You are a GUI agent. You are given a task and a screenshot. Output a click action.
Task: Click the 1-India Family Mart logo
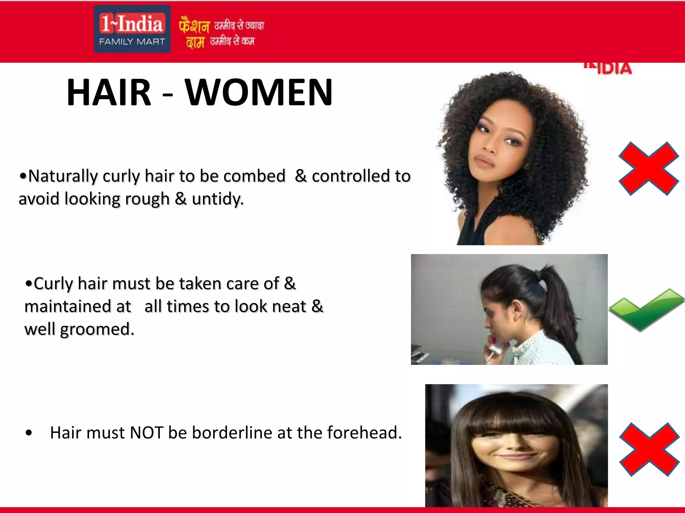132,29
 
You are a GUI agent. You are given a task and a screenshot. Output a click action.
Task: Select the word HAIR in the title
109,93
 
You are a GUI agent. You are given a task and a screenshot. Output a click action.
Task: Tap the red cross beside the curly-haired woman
648,169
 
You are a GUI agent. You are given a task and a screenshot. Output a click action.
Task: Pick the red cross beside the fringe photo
649,449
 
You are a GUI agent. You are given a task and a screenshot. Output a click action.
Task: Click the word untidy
217,199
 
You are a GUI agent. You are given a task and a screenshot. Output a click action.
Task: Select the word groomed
97,330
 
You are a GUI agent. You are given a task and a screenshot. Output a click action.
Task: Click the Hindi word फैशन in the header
194,25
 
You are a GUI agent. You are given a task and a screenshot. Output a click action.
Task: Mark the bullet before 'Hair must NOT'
29,433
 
